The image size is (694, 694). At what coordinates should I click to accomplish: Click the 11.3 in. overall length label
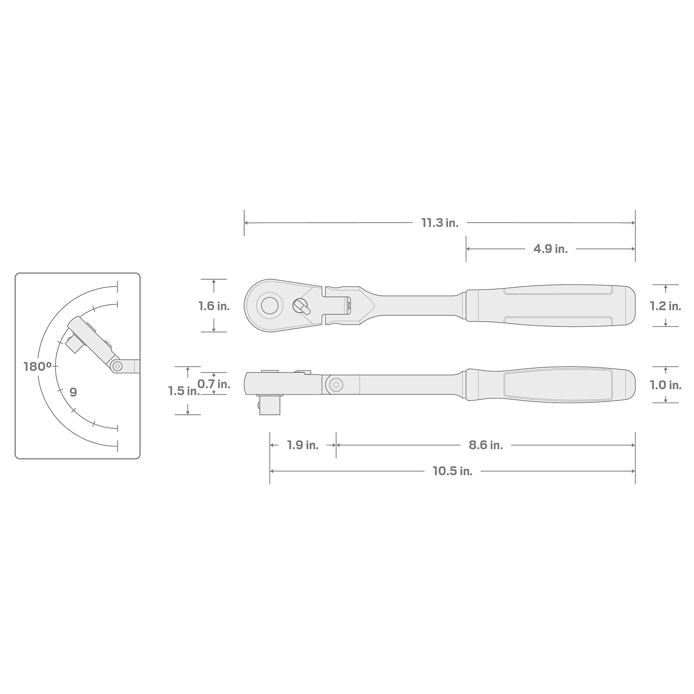[440, 223]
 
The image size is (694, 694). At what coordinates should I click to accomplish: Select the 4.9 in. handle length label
[550, 249]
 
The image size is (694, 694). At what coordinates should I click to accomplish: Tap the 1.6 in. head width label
[214, 306]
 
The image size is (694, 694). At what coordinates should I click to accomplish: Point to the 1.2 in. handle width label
[665, 306]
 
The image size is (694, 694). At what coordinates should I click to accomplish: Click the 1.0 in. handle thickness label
[665, 385]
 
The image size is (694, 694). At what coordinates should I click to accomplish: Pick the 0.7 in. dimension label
[214, 384]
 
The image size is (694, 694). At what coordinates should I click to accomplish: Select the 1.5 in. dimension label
[184, 391]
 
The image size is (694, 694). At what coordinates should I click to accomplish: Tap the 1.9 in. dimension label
[303, 446]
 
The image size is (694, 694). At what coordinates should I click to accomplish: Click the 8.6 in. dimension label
[486, 446]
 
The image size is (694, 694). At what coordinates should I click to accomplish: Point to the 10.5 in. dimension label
[452, 471]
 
